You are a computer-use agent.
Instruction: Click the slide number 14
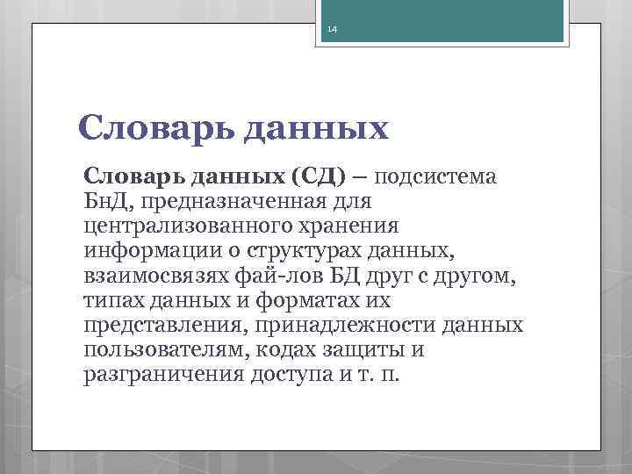pyautogui.click(x=332, y=30)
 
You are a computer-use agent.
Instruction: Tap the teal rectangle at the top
pyautogui.click(x=451, y=19)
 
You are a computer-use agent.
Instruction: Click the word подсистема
pyautogui.click(x=436, y=176)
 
